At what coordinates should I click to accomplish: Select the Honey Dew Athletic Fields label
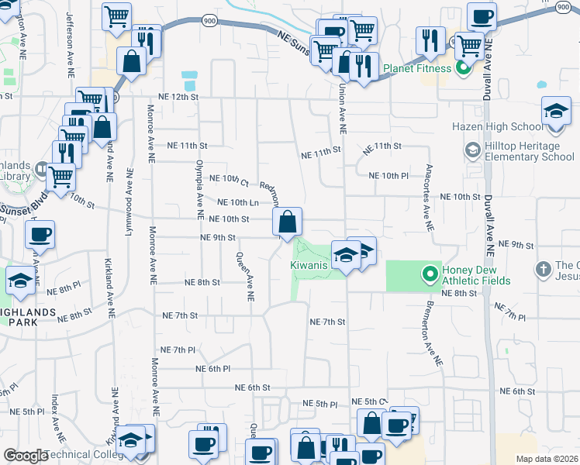(x=475, y=274)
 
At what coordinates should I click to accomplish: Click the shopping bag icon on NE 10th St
(x=287, y=222)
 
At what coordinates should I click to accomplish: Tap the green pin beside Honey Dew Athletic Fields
(x=430, y=274)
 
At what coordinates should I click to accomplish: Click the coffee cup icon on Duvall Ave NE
(x=482, y=17)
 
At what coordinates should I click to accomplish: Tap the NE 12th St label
(x=178, y=97)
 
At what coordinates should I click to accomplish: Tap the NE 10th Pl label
(x=388, y=176)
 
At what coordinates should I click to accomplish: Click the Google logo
(x=25, y=456)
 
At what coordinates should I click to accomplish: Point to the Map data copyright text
(x=547, y=459)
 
